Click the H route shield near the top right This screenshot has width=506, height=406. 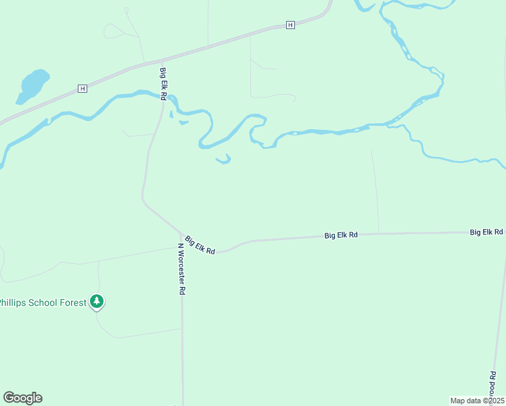pos(290,25)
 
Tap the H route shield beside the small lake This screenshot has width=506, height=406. pos(83,89)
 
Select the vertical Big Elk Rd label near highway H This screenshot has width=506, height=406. pos(163,84)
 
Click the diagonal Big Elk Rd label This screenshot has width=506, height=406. pos(200,244)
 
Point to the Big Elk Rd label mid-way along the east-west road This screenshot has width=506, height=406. pos(341,235)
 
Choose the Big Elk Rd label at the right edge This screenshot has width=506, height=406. pos(486,231)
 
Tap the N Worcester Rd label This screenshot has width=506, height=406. pos(181,269)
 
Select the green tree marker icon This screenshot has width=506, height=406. pos(97,300)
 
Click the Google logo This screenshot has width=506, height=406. pos(22,398)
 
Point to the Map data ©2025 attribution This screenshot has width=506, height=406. pos(477,400)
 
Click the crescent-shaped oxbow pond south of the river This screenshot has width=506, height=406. pos(224,160)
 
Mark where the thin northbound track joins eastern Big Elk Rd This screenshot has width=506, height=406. pos(379,233)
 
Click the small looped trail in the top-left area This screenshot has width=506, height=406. pos(114,30)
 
